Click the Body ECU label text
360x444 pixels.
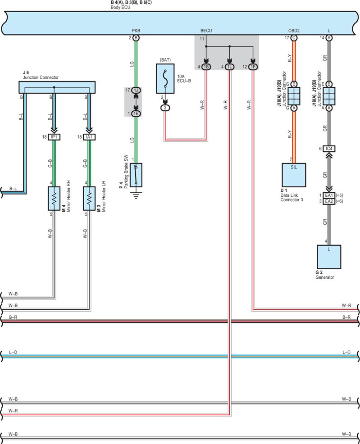(x=120, y=7)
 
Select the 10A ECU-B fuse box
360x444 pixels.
(x=165, y=78)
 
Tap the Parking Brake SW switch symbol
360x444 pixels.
(x=136, y=175)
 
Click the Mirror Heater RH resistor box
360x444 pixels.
(x=54, y=198)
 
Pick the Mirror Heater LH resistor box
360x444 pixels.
(x=89, y=198)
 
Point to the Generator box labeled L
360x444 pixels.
(x=329, y=257)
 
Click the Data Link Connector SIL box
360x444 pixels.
(x=294, y=175)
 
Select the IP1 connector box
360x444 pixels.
(x=54, y=137)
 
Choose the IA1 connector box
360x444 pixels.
(x=89, y=137)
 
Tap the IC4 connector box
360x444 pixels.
(x=329, y=149)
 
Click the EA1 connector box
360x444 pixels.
(x=329, y=195)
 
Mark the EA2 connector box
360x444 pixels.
(x=329, y=201)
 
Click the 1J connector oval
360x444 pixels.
(x=136, y=91)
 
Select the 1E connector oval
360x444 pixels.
(x=136, y=113)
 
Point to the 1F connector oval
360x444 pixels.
(x=253, y=67)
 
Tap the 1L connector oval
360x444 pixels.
(x=230, y=67)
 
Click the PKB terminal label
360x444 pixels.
(x=136, y=31)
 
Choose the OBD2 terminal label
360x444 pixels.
(x=294, y=31)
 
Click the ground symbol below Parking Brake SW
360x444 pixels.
(x=136, y=195)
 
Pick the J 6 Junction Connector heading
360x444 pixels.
(x=41, y=75)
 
